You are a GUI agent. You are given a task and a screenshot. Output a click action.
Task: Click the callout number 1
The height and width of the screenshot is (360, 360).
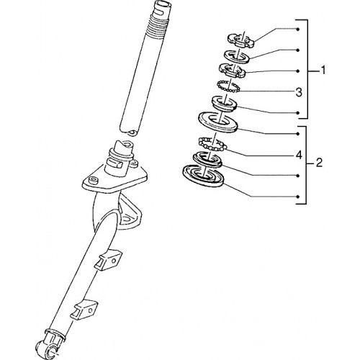[x=323, y=71]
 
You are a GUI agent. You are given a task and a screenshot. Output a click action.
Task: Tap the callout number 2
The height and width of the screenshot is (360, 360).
[x=319, y=163]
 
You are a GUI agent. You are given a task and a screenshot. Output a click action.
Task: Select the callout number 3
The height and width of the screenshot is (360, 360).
[x=299, y=92]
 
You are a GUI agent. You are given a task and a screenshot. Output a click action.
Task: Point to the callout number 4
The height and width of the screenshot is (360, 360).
[x=299, y=156]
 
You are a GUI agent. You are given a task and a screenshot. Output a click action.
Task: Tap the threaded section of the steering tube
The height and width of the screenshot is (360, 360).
[x=155, y=26]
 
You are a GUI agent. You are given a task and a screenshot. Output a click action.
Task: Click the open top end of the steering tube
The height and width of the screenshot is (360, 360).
[x=163, y=4]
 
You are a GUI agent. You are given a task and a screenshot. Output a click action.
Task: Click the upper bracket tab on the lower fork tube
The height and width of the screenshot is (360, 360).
[x=108, y=260]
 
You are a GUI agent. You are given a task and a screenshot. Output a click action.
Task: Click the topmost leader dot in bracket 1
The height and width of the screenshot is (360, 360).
[x=298, y=30]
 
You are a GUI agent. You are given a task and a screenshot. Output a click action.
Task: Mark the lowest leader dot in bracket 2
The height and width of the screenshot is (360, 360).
[x=298, y=197]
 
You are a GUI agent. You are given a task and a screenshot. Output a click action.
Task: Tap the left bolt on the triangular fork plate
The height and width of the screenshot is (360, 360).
[x=93, y=180]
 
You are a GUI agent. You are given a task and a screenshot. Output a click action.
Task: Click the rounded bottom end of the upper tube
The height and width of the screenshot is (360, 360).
[x=130, y=131]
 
